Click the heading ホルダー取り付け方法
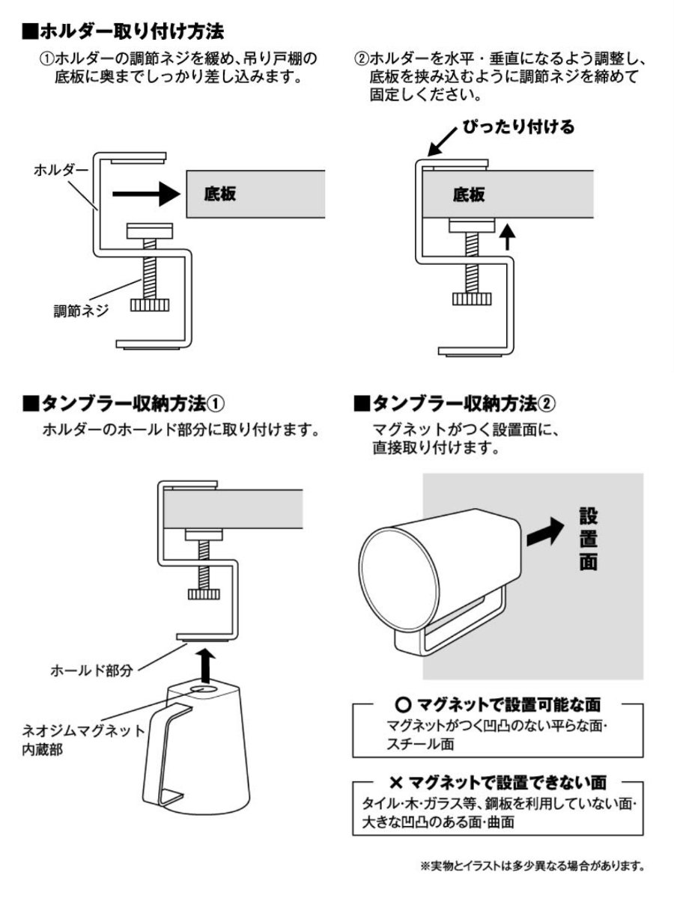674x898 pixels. pyautogui.click(x=124, y=31)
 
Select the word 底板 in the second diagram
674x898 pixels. pyautogui.click(x=470, y=195)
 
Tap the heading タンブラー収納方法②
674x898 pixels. pyautogui.click(x=454, y=403)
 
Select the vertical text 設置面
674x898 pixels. pyautogui.click(x=589, y=540)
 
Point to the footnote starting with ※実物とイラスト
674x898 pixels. pyautogui.click(x=532, y=867)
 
